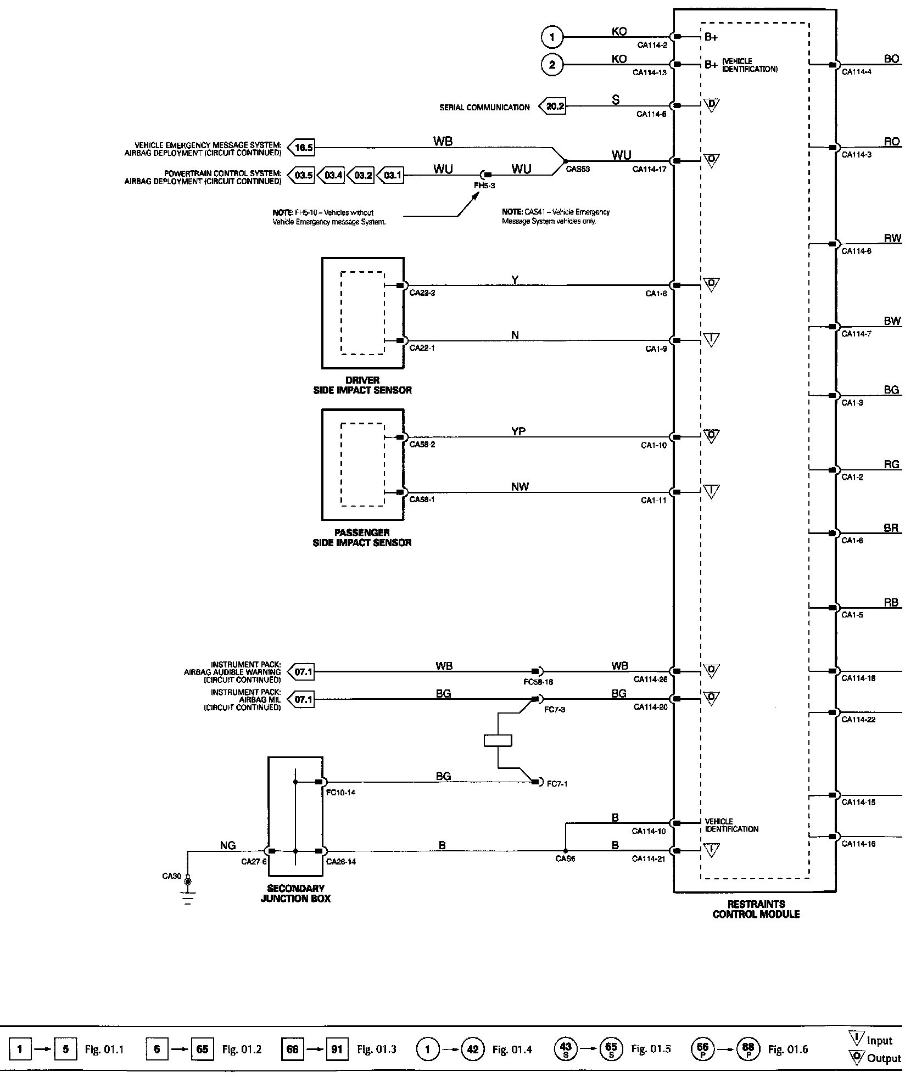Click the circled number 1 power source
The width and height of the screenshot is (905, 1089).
point(552,37)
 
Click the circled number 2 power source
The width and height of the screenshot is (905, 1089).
point(552,65)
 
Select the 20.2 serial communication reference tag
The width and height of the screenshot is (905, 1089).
point(554,106)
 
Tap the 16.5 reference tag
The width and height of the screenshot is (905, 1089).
point(302,148)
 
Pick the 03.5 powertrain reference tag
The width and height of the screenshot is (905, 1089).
point(302,176)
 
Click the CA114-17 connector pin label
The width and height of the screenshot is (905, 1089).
point(649,169)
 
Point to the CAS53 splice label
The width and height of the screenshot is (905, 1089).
point(578,169)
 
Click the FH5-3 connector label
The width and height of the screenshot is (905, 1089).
point(484,186)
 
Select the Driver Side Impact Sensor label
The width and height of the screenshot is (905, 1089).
point(362,385)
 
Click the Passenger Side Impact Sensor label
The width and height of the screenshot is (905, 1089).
point(362,537)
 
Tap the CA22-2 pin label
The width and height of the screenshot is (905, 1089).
point(422,293)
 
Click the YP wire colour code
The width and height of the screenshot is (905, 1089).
point(518,431)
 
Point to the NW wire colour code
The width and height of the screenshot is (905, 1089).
point(519,487)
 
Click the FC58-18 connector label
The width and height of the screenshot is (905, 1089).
point(538,682)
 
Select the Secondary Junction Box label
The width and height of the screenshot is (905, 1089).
point(295,893)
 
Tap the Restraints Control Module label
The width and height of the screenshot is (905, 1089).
point(756,909)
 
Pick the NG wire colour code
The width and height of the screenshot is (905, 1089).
point(227,846)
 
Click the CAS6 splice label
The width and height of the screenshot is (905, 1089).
point(565,859)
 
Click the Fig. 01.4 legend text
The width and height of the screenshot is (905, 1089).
point(512,1049)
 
